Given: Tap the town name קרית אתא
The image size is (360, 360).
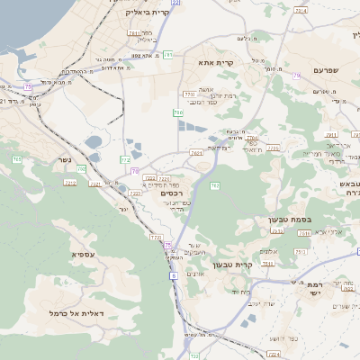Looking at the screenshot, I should pos(213,63).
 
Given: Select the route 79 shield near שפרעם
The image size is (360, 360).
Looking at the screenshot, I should pos(297,76).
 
